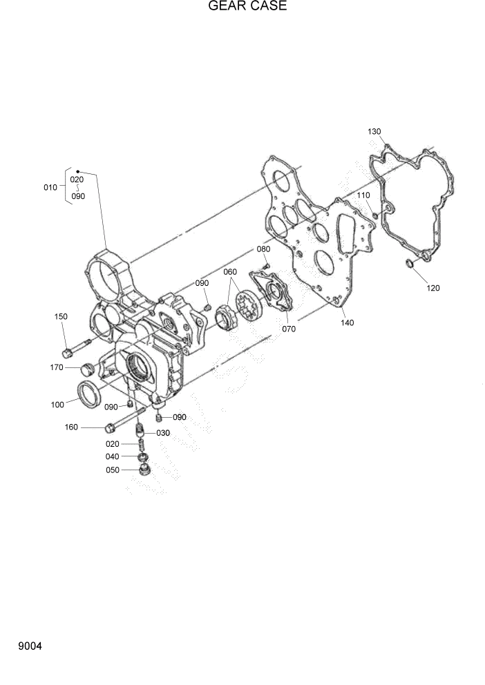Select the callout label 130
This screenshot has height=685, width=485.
[x=374, y=131]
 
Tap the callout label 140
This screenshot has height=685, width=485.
[x=347, y=322]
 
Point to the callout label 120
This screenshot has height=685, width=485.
[x=432, y=288]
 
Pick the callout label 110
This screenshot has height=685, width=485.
[x=364, y=195]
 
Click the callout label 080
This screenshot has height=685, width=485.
[x=263, y=249]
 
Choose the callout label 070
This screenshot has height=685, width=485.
[x=289, y=329]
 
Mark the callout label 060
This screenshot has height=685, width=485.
[x=229, y=271]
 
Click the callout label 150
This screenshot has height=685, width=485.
[x=61, y=316]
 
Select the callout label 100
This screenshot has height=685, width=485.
[x=58, y=404]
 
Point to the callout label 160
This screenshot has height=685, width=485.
[x=71, y=427]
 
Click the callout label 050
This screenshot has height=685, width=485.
[x=112, y=470]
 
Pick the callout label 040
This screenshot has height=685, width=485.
[x=112, y=456]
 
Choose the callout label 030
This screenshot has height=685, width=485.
[x=162, y=433]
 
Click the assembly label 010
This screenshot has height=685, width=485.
[x=50, y=187]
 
